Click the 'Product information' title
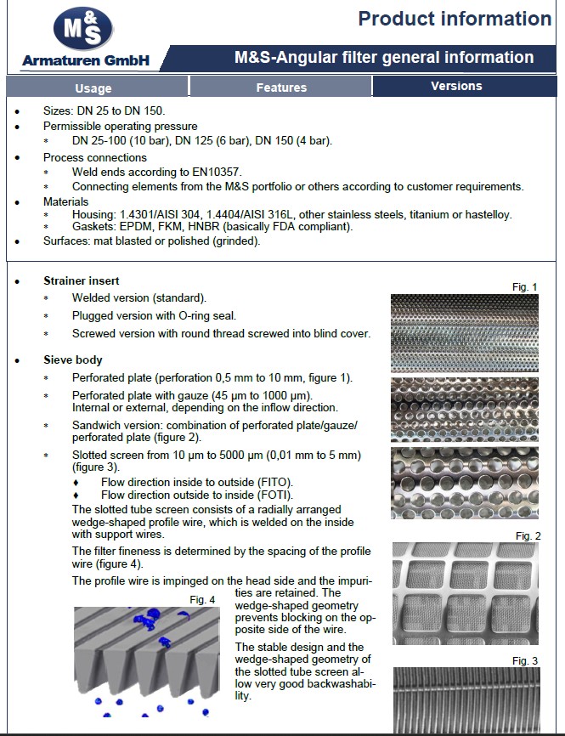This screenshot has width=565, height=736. [x=454, y=19]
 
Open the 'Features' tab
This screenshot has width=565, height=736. [x=281, y=88]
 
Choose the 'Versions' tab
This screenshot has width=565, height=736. [x=456, y=86]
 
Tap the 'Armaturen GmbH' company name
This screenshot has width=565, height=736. [x=85, y=60]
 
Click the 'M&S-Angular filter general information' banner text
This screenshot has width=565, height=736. [x=384, y=58]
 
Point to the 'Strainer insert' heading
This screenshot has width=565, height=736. [x=82, y=280]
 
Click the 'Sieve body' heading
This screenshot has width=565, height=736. [x=73, y=360]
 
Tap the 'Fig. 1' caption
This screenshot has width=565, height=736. [x=525, y=287]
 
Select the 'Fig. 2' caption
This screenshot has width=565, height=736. [x=528, y=535]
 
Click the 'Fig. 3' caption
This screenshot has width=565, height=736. [x=525, y=660]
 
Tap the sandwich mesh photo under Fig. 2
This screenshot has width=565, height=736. [x=466, y=594]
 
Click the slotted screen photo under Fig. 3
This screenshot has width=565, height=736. [x=466, y=700]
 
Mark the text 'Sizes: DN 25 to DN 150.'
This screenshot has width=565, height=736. [x=104, y=111]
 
